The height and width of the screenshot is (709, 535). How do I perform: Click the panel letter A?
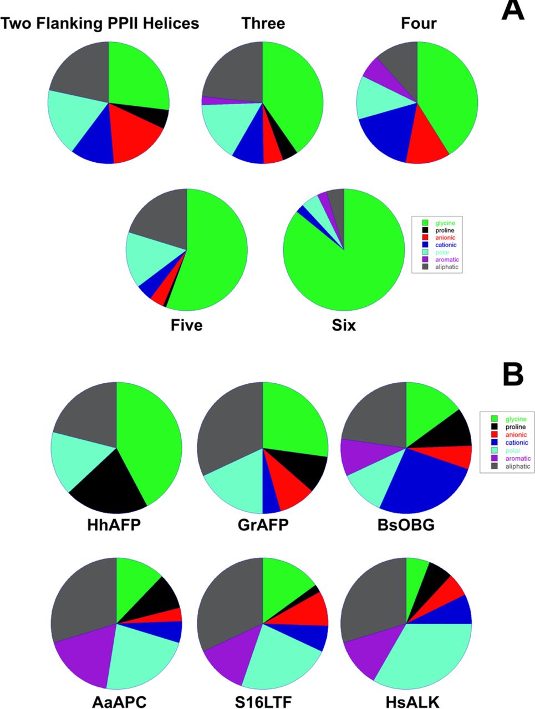512,11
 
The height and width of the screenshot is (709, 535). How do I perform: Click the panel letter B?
512,375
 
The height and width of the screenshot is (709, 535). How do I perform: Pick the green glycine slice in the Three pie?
294,94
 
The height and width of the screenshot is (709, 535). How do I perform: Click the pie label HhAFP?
114,524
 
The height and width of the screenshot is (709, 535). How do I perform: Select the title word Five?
187,325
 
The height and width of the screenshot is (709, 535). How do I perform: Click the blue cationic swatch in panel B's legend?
494,443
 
